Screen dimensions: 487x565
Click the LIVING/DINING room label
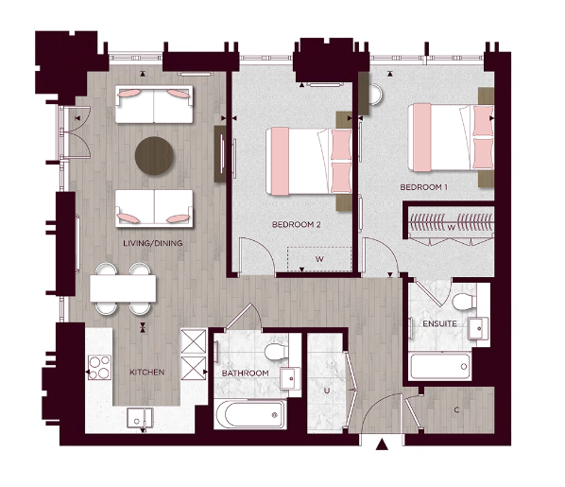152,244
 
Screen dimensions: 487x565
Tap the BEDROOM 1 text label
424,187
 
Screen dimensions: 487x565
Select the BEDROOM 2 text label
297,225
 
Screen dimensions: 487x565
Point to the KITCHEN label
146,373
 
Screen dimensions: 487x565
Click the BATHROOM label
246,374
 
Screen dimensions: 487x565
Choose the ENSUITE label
439,324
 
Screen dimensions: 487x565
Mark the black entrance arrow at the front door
382,444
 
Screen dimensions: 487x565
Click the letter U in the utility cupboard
325,389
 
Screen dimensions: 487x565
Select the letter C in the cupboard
456,409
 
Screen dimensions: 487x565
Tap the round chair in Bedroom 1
374,94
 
